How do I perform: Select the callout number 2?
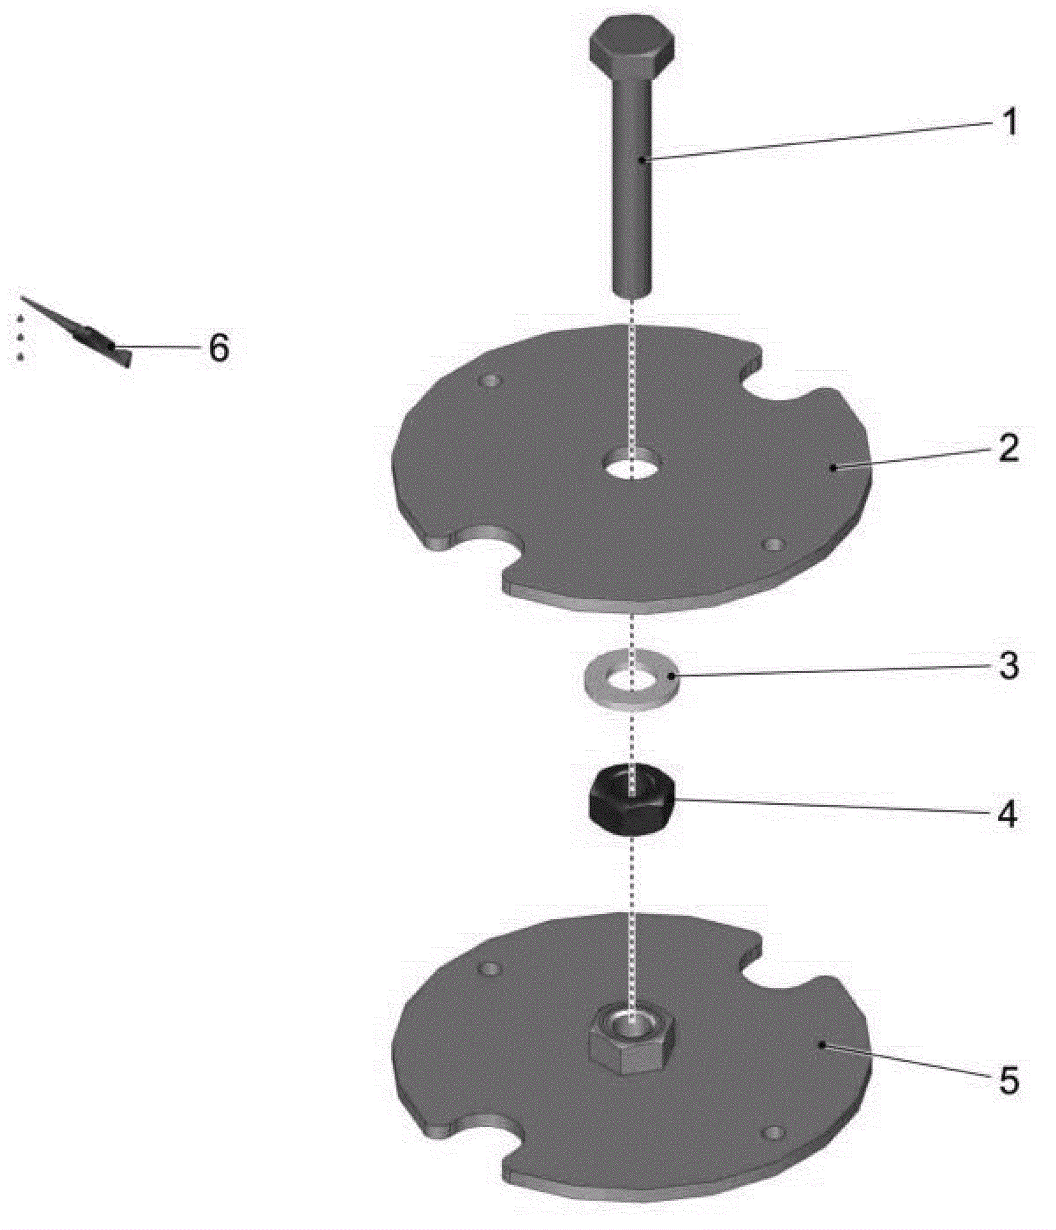pos(1008,448)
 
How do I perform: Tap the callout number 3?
pos(1008,666)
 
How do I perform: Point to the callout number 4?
pos(1007,814)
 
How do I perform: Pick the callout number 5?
pos(1008,1080)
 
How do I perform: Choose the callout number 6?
pos(218,347)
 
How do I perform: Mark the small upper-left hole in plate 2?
pos(491,381)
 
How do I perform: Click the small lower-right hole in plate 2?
pos(772,545)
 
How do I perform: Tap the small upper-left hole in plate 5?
pos(490,969)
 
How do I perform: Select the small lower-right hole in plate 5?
pos(772,1133)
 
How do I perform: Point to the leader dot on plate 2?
pos(834,467)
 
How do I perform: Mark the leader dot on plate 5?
pos(822,1044)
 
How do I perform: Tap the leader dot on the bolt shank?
pos(642,158)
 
